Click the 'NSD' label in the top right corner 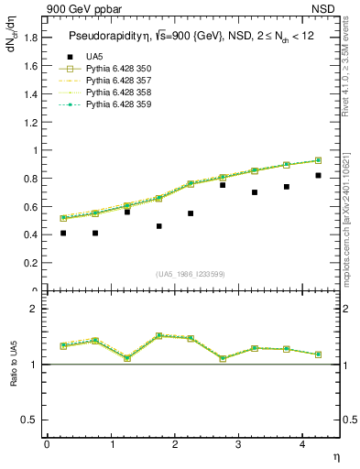pos(327,8)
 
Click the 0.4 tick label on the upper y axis pos(31,234)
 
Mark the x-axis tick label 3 pos(238,444)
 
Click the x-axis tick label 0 pos(47,444)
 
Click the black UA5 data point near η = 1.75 pos(158,225)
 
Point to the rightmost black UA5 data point pos(318,175)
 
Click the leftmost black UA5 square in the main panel pos(63,233)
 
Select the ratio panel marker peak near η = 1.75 pos(158,335)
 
